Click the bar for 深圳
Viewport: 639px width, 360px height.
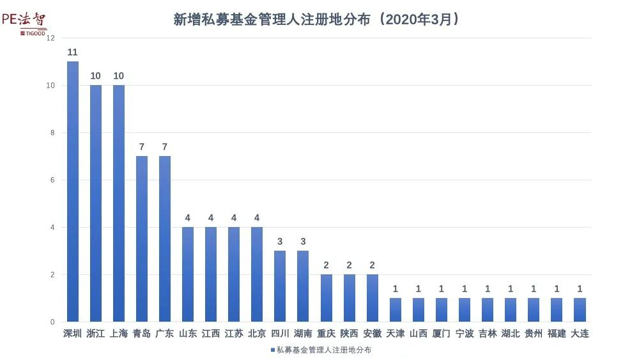pos(72,192)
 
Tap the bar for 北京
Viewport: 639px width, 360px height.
pos(257,274)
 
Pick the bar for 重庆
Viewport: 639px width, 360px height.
pos(326,298)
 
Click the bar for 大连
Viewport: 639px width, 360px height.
pos(580,309)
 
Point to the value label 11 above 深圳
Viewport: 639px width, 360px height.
pos(72,52)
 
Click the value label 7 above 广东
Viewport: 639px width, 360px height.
pos(164,147)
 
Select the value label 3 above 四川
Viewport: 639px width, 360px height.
pos(280,242)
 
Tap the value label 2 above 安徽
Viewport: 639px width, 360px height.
pos(372,265)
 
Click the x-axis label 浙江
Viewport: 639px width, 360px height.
pos(95,333)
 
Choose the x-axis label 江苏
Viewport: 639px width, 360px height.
pos(234,333)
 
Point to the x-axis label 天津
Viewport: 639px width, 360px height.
pos(395,333)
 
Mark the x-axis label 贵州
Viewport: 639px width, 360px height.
pos(534,333)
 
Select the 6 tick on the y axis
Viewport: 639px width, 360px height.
pos(52,180)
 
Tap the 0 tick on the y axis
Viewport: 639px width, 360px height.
pos(52,322)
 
